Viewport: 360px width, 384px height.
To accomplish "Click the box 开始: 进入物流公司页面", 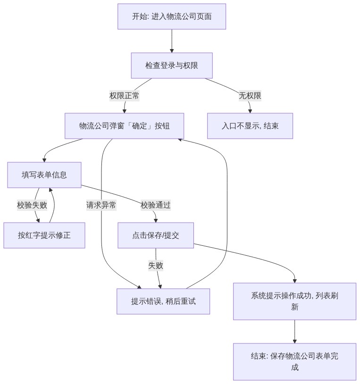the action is click(172, 17).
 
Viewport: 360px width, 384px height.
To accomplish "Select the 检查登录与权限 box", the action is click(172, 66).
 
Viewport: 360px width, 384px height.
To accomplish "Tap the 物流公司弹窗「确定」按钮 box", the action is click(124, 126).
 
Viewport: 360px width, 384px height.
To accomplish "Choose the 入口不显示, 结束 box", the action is click(250, 126).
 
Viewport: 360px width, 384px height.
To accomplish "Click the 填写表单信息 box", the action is click(44, 175).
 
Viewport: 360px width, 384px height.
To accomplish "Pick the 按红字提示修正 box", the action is click(44, 235).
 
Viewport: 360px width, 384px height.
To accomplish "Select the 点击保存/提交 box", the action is click(156, 235).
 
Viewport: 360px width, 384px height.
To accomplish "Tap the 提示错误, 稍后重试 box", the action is click(163, 301).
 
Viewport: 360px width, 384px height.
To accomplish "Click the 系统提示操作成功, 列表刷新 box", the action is click(294, 301).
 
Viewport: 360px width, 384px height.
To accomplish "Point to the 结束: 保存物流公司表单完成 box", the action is click(294, 362).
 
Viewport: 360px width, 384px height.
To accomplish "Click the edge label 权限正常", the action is click(124, 95).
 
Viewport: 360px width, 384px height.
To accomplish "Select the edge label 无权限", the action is click(250, 95).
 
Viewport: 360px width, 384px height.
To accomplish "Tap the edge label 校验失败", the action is click(32, 205).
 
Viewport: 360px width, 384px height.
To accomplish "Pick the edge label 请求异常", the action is click(101, 205).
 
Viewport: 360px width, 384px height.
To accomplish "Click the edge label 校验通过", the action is click(156, 205).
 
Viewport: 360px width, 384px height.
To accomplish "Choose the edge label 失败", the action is click(156, 266).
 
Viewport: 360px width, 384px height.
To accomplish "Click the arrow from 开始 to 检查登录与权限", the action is click(172, 41).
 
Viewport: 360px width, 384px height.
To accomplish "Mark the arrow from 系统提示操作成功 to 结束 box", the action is click(294, 332).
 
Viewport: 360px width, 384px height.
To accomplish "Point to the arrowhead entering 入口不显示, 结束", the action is click(250, 111).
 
